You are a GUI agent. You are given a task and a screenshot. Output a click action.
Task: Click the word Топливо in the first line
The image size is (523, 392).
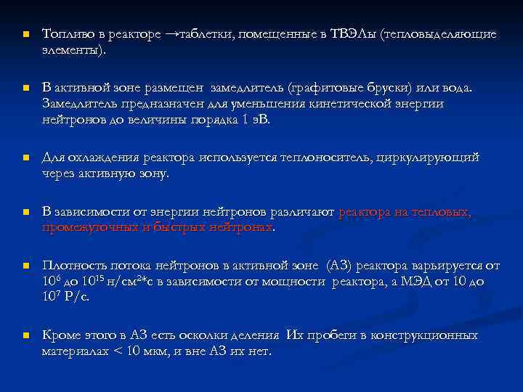coord(68,34)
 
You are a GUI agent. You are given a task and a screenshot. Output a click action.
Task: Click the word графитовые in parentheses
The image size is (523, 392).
coord(323,88)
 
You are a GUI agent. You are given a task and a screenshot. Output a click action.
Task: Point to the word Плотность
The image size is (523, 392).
coord(76,265)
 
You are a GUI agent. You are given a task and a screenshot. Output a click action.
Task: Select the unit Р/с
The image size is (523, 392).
coord(76,297)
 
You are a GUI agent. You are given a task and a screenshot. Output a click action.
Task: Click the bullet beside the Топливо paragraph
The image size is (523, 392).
coord(25,35)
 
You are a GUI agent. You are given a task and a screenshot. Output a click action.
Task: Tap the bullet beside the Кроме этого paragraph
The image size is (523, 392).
coord(25,336)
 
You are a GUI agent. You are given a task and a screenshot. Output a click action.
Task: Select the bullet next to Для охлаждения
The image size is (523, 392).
coord(25,158)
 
